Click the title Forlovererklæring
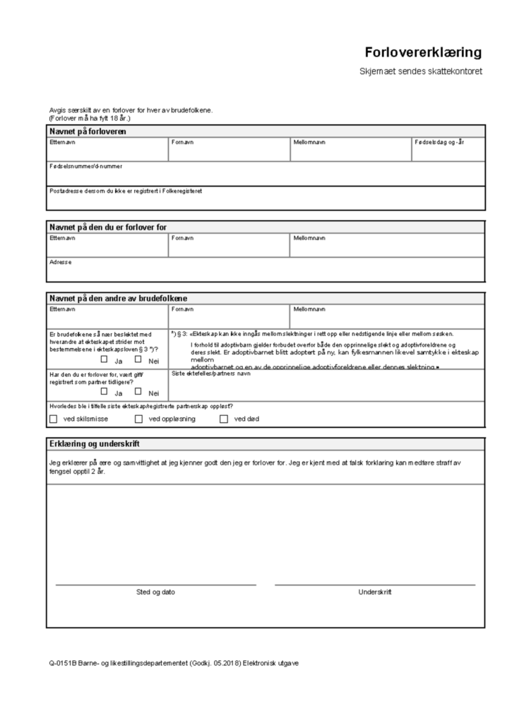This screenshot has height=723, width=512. tap(423, 53)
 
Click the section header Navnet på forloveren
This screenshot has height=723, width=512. tap(88, 131)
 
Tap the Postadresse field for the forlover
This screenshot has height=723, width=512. tap(266, 200)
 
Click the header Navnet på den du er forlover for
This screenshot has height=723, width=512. tap(112, 227)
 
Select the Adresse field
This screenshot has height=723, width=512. tap(266, 270)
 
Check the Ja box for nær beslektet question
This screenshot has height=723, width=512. tap(105, 359)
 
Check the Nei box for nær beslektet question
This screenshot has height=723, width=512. tap(138, 359)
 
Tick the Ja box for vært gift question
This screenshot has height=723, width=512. tap(105, 391)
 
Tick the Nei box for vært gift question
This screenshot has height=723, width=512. tap(138, 391)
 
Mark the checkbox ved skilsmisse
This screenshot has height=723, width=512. tap(54, 419)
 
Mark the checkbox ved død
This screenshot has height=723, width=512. tap(224, 419)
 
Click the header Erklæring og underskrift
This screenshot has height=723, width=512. tap(95, 443)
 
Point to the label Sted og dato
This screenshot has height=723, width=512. tap(155, 592)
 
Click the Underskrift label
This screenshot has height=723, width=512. tap(374, 592)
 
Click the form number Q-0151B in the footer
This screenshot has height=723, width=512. tap(61, 663)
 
